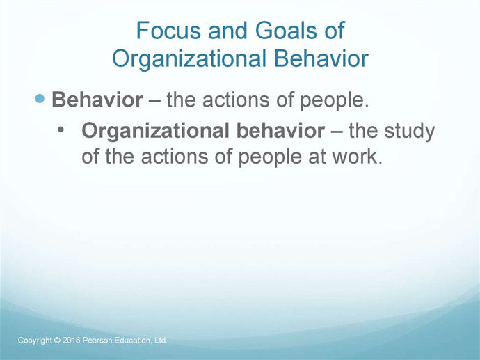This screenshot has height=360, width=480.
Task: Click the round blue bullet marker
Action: coord(41,99)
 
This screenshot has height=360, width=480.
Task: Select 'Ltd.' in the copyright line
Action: coord(160,340)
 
